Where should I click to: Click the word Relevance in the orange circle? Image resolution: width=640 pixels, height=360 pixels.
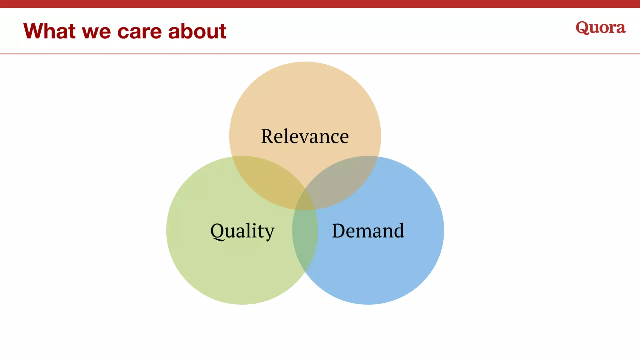(305, 137)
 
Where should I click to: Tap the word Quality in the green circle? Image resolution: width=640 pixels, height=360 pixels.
(242, 231)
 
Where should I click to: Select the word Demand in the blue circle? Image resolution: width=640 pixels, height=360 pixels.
(368, 231)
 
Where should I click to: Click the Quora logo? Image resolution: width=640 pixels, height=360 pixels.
(600, 28)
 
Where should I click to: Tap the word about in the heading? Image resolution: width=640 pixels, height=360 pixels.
(197, 31)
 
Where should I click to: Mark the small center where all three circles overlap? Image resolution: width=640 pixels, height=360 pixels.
(305, 203)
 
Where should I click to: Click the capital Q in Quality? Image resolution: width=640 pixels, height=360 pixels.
(217, 232)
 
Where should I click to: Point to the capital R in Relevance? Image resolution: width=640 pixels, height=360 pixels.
(269, 137)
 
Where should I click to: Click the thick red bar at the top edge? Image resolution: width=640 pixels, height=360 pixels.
(320, 4)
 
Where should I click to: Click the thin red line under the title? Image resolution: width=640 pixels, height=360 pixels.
(320, 54)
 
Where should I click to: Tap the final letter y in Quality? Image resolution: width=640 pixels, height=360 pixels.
(269, 233)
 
